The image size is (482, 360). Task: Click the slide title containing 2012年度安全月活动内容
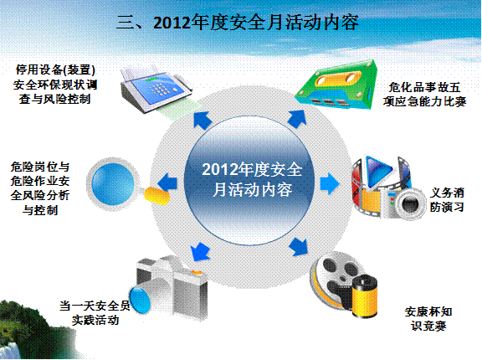click(238, 23)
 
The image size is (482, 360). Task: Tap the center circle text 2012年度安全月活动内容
click(252, 179)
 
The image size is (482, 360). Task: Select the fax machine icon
click(156, 89)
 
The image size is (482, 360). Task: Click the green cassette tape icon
click(336, 85)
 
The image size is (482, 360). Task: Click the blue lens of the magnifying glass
click(113, 183)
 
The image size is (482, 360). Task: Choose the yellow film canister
click(365, 296)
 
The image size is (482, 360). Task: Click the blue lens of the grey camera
click(140, 300)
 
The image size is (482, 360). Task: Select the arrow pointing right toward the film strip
click(330, 183)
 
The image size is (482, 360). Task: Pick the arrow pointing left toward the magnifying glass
click(167, 183)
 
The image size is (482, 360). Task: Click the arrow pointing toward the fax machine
click(203, 120)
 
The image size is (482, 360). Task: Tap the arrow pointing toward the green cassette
click(297, 119)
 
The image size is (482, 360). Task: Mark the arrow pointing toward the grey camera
click(200, 251)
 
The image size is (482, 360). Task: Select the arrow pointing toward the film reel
click(299, 246)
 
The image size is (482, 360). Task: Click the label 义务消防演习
click(447, 200)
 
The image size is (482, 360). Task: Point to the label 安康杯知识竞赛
click(428, 318)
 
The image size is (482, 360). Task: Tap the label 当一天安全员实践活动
click(95, 313)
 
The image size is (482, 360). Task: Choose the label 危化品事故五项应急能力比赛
click(424, 94)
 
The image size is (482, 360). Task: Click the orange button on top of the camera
click(197, 272)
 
